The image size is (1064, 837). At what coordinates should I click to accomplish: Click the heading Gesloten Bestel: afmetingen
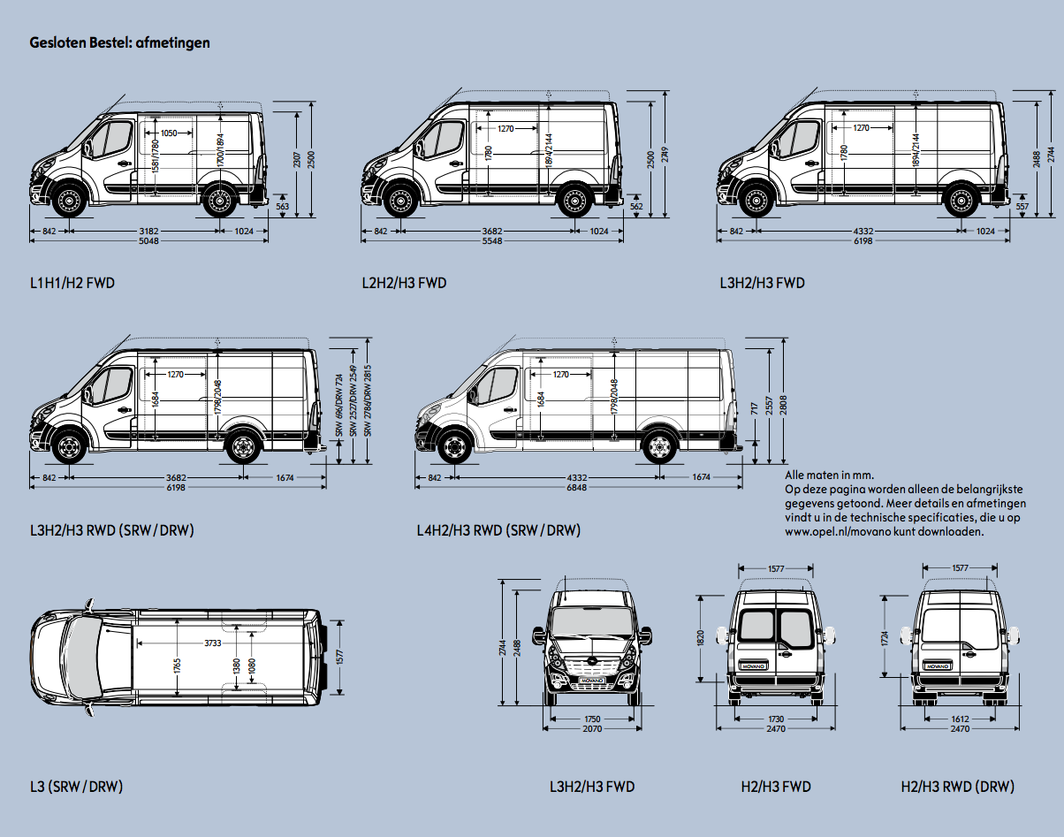pos(119,42)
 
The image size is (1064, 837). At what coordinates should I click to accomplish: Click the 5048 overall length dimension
pos(148,241)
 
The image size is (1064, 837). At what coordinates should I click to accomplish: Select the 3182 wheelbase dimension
pos(148,231)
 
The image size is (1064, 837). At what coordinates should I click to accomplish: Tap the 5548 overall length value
pos(492,241)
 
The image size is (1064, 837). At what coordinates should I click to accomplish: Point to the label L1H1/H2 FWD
pos(72,284)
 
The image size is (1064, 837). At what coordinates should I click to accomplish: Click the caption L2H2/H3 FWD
pos(404,284)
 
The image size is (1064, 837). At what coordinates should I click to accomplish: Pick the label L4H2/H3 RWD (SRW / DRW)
pos(498,530)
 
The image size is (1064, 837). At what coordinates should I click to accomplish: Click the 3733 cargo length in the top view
pos(213,643)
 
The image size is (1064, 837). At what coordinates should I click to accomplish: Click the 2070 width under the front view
pos(592,729)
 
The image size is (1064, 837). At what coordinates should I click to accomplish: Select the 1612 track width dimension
pos(960,719)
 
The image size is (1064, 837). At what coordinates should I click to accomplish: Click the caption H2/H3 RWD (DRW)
pos(957,787)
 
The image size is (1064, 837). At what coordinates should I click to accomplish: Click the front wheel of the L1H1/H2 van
pos(68,202)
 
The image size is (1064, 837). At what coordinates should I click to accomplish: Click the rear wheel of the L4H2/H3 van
pos(657,448)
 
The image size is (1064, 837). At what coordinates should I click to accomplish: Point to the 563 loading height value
pos(283,206)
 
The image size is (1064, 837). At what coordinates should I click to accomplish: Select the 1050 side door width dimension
pos(168,133)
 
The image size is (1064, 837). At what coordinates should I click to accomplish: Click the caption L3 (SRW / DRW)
pos(76,787)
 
